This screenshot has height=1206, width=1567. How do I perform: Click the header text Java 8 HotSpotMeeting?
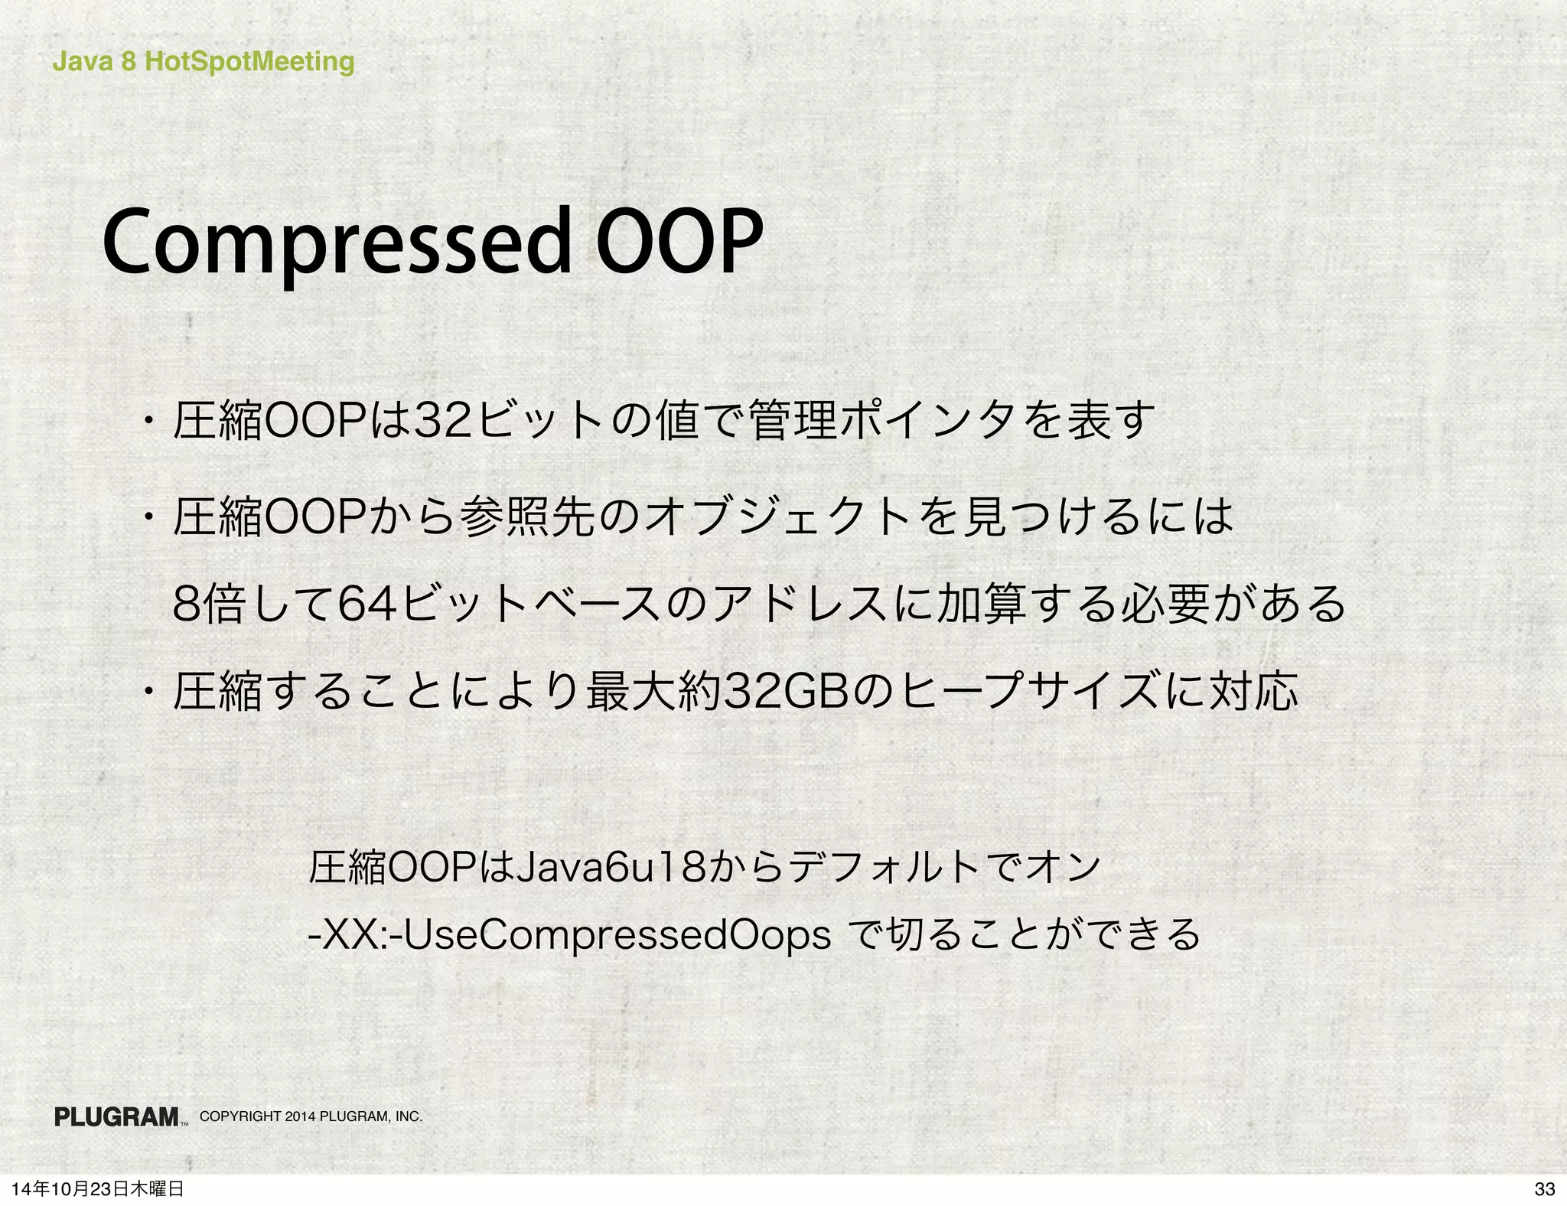pyautogui.click(x=203, y=61)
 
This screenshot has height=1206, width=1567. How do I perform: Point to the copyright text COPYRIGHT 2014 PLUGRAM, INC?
pyautogui.click(x=311, y=1116)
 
